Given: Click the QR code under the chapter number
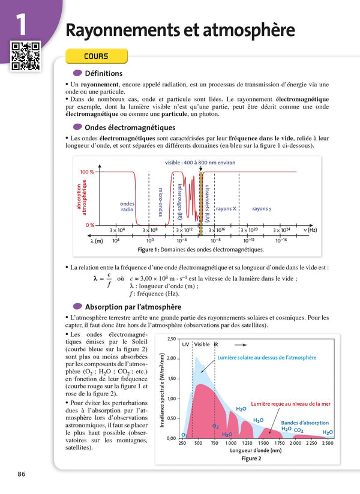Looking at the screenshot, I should click(x=25, y=55).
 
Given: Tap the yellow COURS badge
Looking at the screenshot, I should click(x=96, y=56).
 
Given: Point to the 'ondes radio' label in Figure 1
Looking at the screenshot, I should click(x=127, y=206).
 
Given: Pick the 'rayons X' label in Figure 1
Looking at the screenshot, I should click(x=226, y=209).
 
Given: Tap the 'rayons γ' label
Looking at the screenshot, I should click(x=262, y=209).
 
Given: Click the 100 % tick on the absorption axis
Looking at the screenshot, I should click(x=87, y=172).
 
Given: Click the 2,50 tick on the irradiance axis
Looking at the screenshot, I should click(x=171, y=339).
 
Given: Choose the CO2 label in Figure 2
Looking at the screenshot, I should click(x=299, y=430).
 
